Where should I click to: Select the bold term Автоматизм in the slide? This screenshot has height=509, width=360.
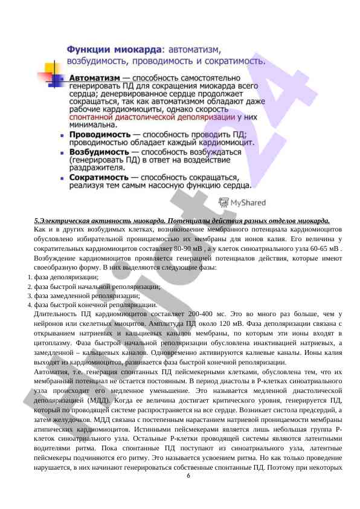pos(94,79)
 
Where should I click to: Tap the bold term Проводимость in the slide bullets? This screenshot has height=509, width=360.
pos(99,134)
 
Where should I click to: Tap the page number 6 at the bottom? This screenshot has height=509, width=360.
pos(188,476)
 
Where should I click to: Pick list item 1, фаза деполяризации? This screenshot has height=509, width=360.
pos(66,277)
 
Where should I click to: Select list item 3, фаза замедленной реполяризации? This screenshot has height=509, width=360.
pos(87,296)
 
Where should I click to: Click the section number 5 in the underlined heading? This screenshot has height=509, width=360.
pos(36,221)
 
